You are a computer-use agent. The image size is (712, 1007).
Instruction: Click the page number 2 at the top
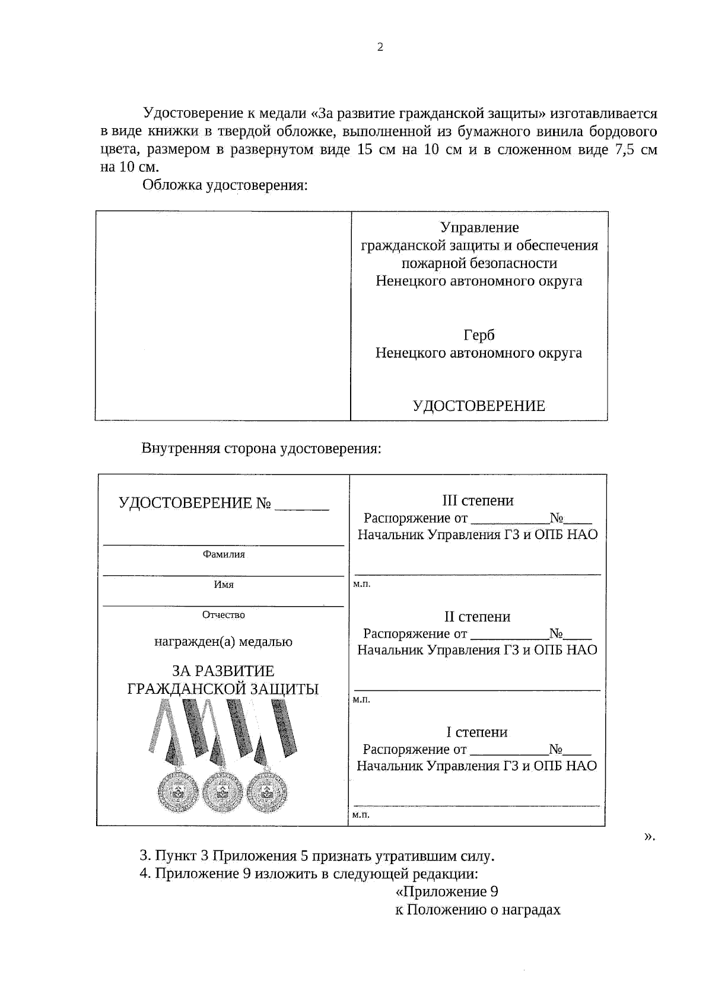380,47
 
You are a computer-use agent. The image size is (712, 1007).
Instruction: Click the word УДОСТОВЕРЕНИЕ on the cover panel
478,406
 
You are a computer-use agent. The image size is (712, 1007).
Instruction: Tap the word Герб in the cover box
479,336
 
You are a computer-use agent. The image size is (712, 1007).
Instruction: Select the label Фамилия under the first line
224,555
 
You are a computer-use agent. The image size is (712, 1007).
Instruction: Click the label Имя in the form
224,585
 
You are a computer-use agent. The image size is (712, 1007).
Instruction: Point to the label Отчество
224,615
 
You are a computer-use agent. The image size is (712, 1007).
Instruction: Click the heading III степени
478,501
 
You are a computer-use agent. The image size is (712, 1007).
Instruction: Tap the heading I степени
477,732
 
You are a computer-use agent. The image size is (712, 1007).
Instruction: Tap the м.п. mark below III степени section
361,584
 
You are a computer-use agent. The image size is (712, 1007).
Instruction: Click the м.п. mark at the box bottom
361,815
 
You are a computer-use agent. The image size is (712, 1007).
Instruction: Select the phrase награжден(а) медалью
224,642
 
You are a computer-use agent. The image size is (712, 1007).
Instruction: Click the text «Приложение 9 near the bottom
446,892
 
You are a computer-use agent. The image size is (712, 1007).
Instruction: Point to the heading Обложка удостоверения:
225,185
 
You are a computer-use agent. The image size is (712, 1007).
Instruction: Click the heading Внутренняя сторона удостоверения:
261,448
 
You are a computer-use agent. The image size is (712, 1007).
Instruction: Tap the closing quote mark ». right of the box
649,836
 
